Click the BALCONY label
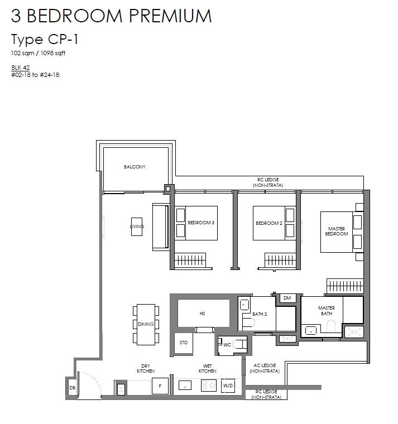(135, 167)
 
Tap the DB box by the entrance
(72, 388)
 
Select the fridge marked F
(160, 386)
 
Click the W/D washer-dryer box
(228, 386)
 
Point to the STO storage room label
(184, 343)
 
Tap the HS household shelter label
(203, 314)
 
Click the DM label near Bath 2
(287, 298)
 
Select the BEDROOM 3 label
(201, 223)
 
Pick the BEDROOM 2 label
(269, 223)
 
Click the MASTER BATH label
(327, 311)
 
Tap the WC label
(227, 345)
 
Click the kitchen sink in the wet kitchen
(185, 386)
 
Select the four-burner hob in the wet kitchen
(209, 386)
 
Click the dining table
(146, 325)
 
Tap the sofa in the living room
(161, 227)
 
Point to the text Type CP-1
(45, 40)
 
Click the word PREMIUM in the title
(170, 16)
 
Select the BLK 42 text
(21, 68)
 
